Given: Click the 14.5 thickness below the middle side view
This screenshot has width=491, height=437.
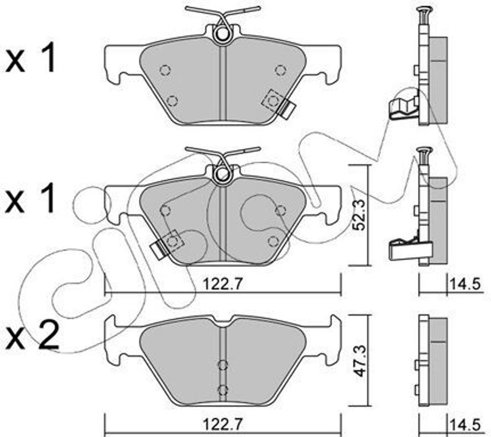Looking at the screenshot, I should (x=464, y=284).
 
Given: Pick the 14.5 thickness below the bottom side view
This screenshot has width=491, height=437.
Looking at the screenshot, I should (x=464, y=424).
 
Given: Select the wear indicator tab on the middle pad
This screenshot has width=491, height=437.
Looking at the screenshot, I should (x=157, y=249).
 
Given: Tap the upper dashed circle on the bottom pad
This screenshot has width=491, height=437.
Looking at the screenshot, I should (x=222, y=365).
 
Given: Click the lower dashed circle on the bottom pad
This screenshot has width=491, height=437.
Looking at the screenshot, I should (x=222, y=389).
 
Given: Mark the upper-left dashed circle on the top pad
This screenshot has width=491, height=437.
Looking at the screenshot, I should (x=165, y=70).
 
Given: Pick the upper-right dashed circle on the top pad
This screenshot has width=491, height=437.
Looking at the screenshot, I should (x=281, y=70).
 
